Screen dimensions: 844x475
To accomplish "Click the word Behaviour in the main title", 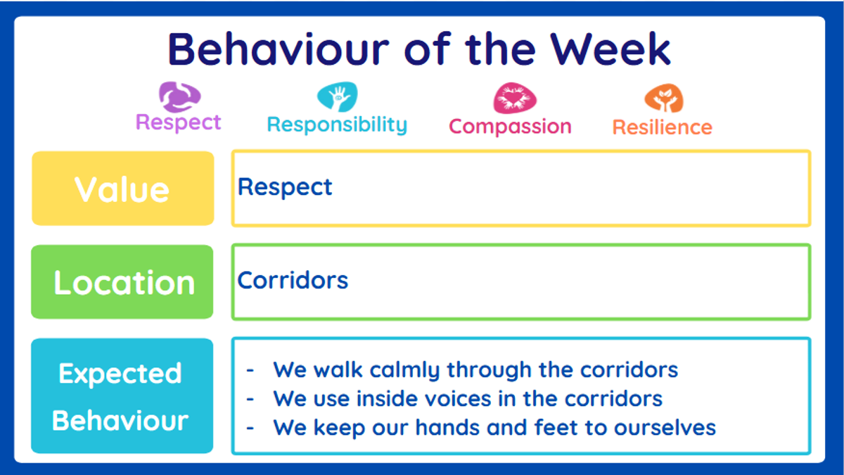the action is [279, 49].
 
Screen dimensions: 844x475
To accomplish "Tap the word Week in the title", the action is [610, 49].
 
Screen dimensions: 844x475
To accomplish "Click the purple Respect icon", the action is [180, 97].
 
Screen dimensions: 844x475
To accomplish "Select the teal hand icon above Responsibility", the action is [337, 96].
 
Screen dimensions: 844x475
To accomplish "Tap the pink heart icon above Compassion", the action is [515, 98].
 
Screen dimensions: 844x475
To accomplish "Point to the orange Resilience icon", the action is [664, 98].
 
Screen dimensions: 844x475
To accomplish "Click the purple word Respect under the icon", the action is [178, 123].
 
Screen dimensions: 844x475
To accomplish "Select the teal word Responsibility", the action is [337, 125].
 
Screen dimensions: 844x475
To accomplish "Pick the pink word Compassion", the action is [510, 127].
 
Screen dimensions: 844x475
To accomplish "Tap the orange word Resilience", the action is [663, 127].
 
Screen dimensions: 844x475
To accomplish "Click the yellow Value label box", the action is [123, 189].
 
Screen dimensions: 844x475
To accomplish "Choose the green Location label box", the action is [122, 282].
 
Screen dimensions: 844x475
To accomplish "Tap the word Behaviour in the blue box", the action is [120, 420].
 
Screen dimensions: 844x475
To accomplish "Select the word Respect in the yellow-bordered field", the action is [285, 187].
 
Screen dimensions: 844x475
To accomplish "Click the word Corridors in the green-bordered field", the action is [293, 280].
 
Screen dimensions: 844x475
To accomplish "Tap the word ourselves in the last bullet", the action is [665, 428].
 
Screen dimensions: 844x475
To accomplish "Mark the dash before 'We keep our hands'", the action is [250, 429].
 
